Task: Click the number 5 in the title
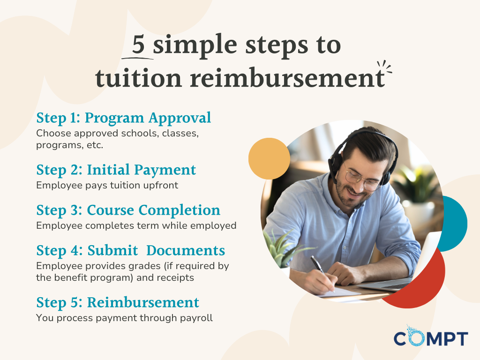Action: click(138, 45)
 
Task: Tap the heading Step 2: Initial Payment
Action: click(116, 170)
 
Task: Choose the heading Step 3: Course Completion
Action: click(128, 210)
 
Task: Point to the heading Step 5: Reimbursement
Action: click(118, 302)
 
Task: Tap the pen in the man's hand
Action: click(319, 267)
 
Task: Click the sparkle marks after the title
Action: click(384, 69)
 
